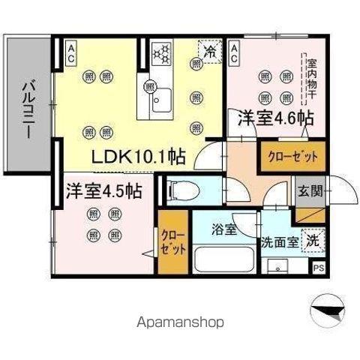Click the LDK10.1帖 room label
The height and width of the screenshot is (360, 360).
[139, 158]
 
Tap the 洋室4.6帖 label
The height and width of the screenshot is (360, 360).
[275, 118]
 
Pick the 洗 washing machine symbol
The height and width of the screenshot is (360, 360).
[313, 241]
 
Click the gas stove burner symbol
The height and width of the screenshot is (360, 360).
[162, 52]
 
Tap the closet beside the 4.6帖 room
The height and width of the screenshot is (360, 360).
[292, 157]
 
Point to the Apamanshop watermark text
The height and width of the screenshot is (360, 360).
[180, 322]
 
